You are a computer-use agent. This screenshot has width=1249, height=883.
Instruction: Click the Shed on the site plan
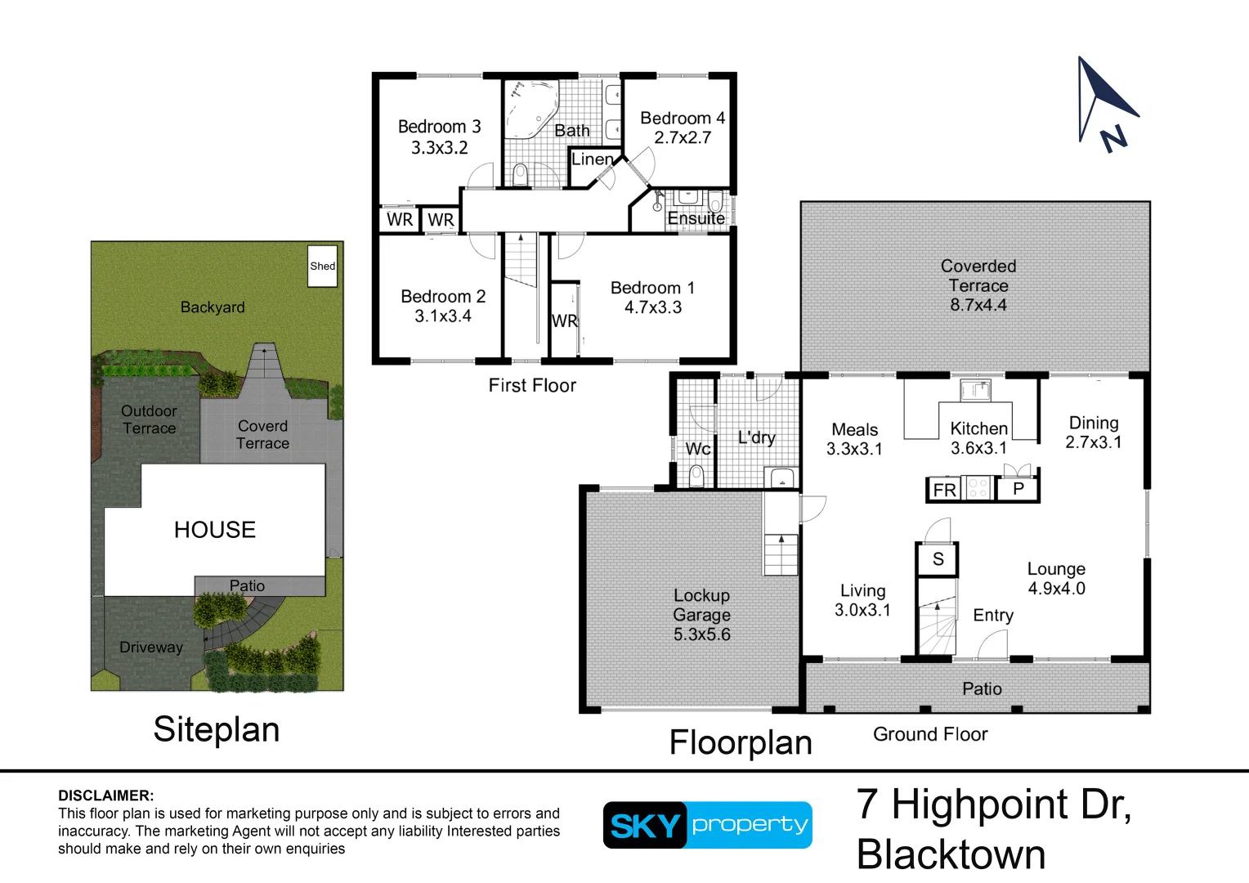pyautogui.click(x=322, y=266)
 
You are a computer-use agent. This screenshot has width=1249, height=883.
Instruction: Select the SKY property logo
pyautogui.click(x=707, y=825)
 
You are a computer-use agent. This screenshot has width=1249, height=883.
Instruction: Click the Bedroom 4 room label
pyautogui.click(x=682, y=119)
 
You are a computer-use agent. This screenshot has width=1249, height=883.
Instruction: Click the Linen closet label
pyautogui.click(x=592, y=159)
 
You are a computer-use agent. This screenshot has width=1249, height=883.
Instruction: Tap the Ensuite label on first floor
pyautogui.click(x=696, y=218)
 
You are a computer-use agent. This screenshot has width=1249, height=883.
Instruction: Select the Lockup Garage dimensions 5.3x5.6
pyautogui.click(x=701, y=634)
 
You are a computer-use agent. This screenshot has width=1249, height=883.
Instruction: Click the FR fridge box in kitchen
pyautogui.click(x=944, y=490)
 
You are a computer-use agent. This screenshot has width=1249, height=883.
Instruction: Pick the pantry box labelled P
pyautogui.click(x=1018, y=489)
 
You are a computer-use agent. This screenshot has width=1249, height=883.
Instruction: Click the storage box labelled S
pyautogui.click(x=938, y=559)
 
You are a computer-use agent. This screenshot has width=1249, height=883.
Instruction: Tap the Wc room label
pyautogui.click(x=697, y=449)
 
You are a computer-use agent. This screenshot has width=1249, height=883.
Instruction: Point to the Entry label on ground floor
pyautogui.click(x=992, y=616)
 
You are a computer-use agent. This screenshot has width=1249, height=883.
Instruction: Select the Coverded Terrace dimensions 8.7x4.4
pyautogui.click(x=978, y=305)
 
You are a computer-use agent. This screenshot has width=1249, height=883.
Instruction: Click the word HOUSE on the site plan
pyautogui.click(x=215, y=530)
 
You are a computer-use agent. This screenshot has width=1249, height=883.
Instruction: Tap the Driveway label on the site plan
pyautogui.click(x=151, y=648)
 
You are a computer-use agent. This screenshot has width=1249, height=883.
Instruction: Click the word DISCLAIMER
pyautogui.click(x=105, y=796)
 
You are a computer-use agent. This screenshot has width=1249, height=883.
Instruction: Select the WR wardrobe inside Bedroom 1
pyautogui.click(x=564, y=320)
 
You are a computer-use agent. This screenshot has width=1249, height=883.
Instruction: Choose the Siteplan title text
pyautogui.click(x=217, y=729)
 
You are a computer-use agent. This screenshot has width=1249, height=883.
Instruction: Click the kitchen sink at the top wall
pyautogui.click(x=975, y=391)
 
